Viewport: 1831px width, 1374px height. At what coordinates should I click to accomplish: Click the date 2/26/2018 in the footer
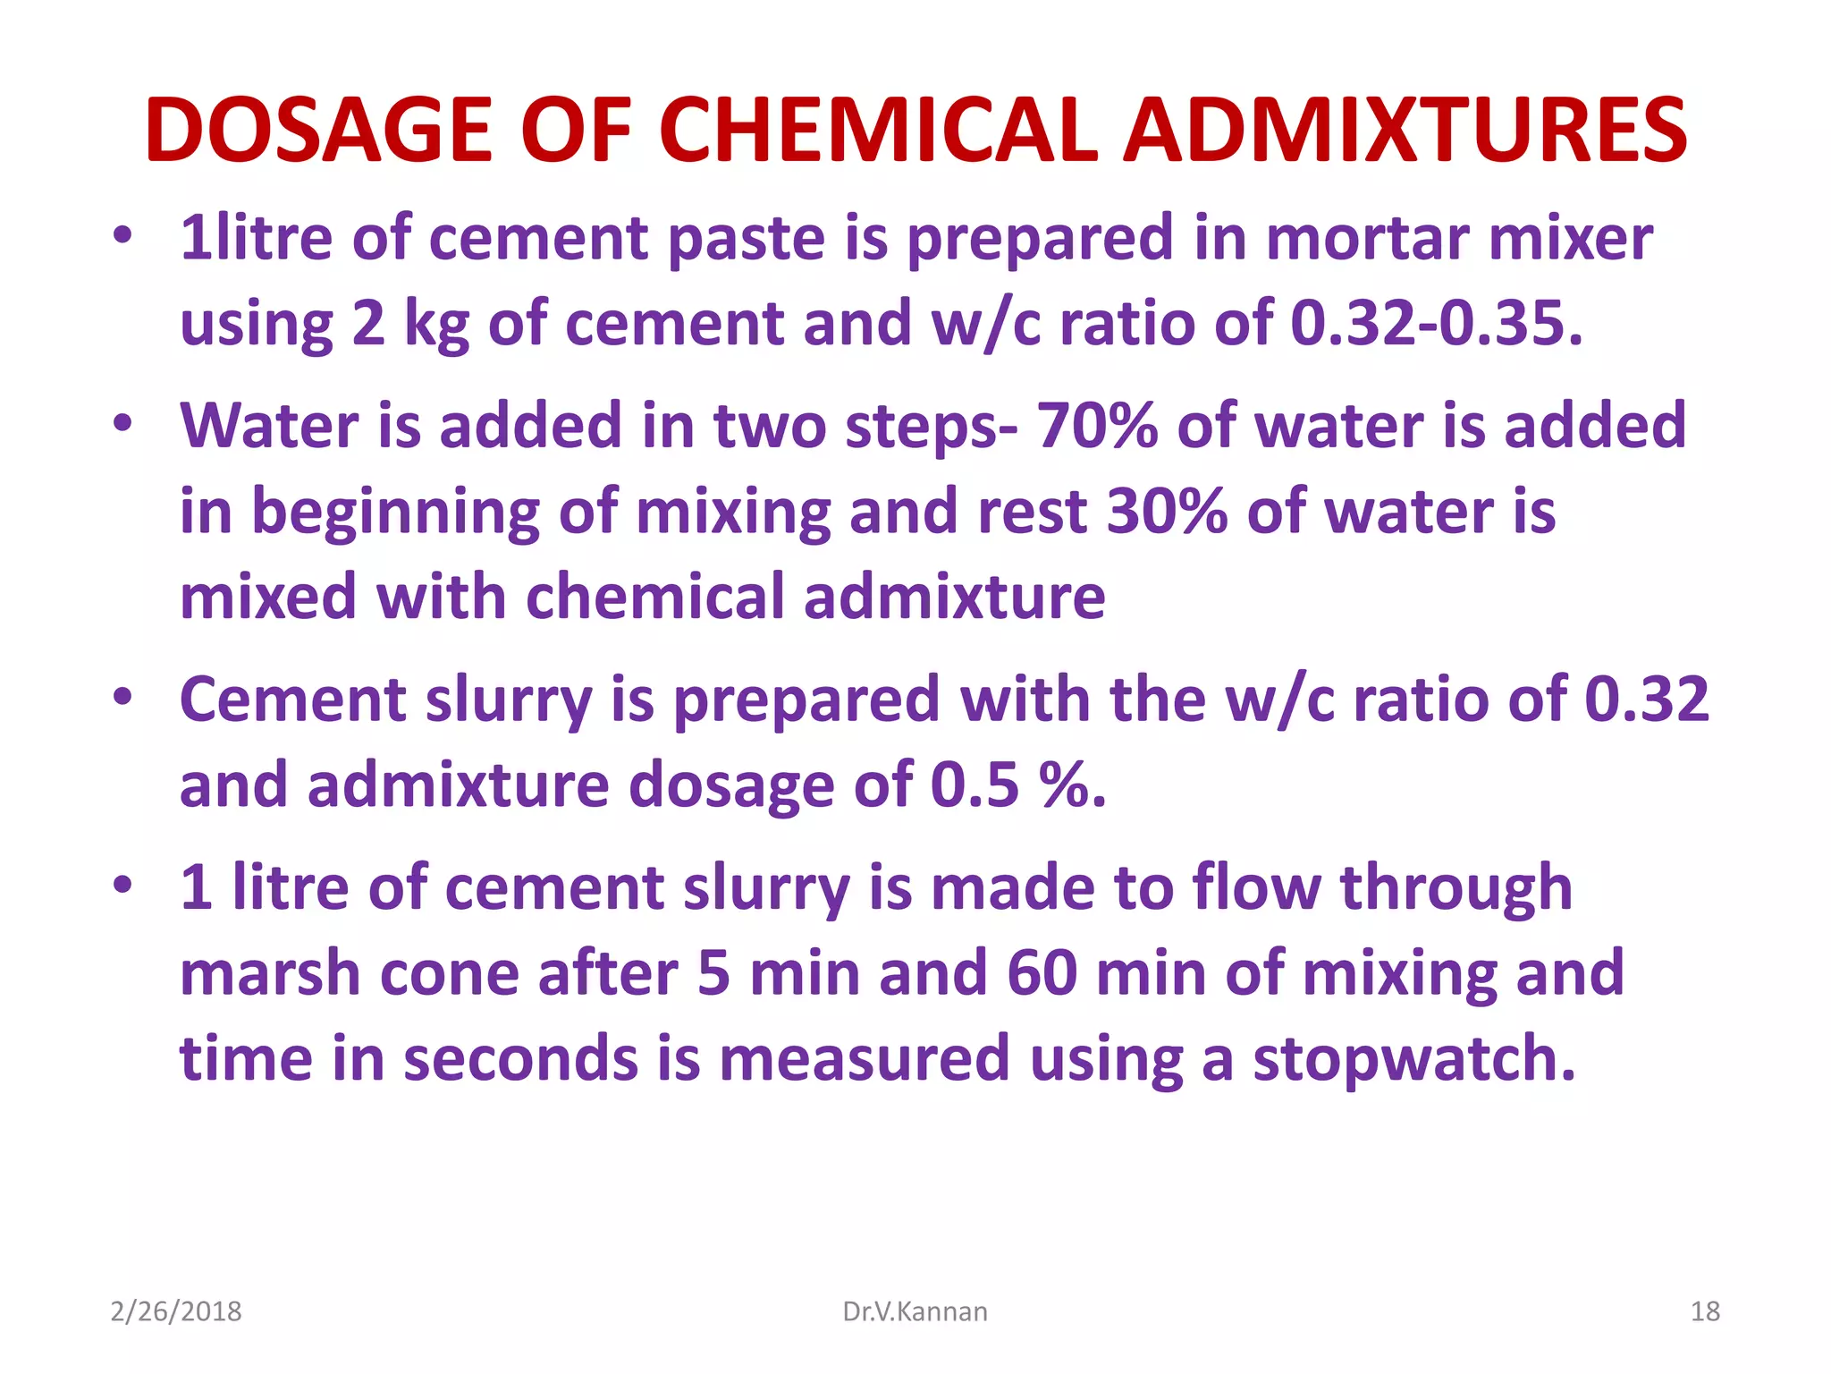(176, 1311)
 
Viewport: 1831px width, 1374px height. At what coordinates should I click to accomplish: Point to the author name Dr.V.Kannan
(915, 1311)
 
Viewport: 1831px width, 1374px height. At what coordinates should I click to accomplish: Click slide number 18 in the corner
(1705, 1311)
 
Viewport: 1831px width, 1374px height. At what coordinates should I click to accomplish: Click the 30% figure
(1167, 511)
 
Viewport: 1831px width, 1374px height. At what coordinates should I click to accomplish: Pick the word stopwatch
(1413, 1058)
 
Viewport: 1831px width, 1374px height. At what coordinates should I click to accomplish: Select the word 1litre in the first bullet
(256, 238)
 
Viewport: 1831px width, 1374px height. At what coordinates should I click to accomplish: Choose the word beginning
(396, 513)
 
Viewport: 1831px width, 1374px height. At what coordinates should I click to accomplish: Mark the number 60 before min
(1042, 972)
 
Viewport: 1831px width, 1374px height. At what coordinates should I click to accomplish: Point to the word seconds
(520, 1058)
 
